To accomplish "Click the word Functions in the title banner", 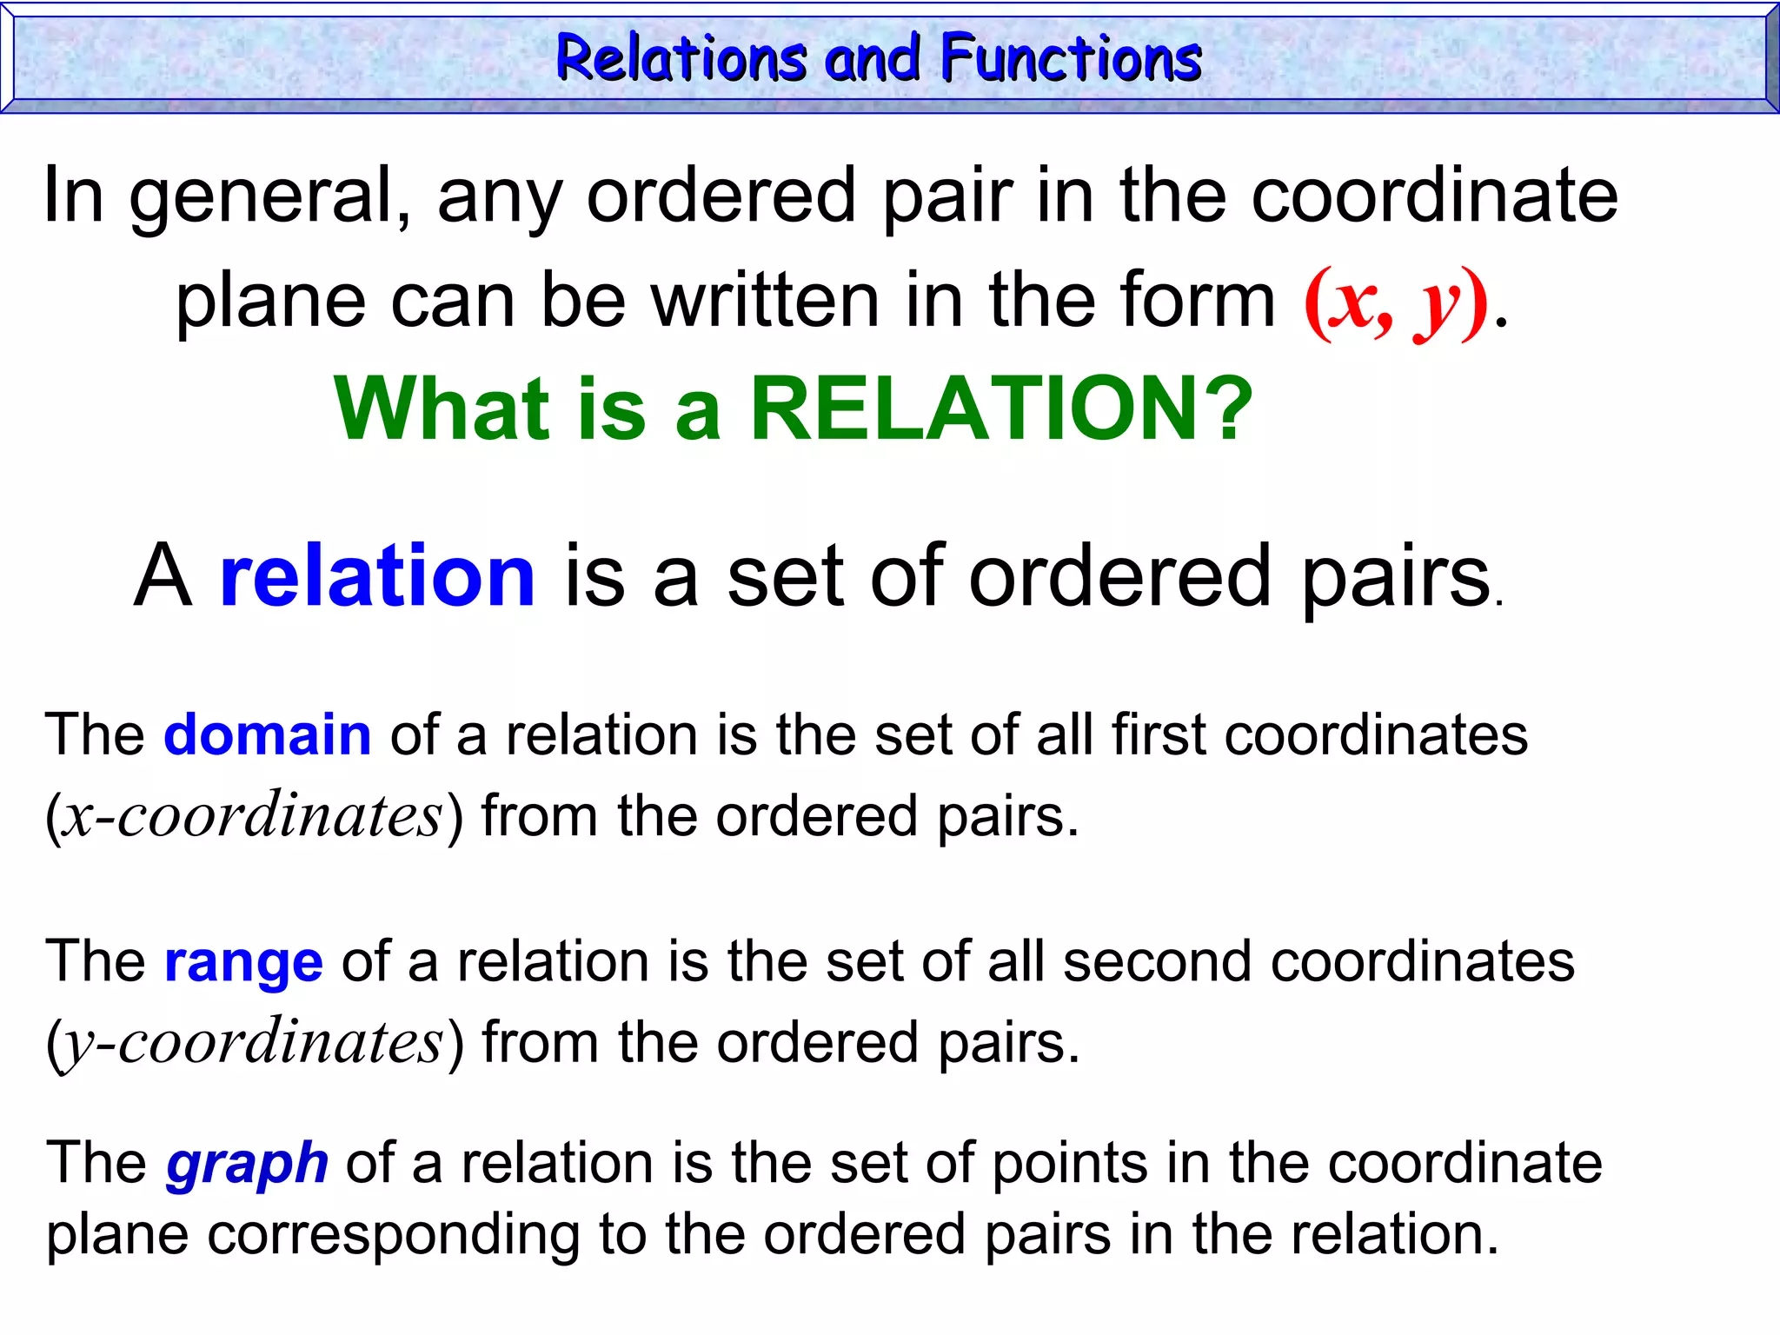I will [1071, 59].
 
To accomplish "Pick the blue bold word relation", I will [377, 575].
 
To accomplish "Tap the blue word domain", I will [268, 735].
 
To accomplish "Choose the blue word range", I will [243, 961].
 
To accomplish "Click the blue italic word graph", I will [247, 1163].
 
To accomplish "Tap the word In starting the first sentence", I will [73, 195].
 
